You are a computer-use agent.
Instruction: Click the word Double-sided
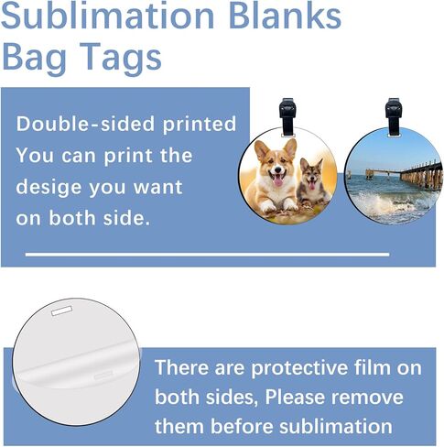tap(85, 124)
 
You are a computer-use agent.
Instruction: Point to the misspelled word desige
tap(49, 188)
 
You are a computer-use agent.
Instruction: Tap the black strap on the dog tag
tap(287, 116)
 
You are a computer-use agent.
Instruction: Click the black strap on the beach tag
tap(394, 116)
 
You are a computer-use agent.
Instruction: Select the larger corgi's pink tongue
tap(278, 181)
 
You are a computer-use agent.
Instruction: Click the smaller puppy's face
tap(311, 177)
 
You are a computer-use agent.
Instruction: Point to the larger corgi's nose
tap(277, 170)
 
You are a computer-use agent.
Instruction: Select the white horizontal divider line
tap(208, 255)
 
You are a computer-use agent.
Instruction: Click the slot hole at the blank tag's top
tap(62, 311)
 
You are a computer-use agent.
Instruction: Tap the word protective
tap(299, 368)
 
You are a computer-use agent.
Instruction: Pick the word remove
tap(367, 398)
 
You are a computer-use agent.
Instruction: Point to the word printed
tap(200, 125)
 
